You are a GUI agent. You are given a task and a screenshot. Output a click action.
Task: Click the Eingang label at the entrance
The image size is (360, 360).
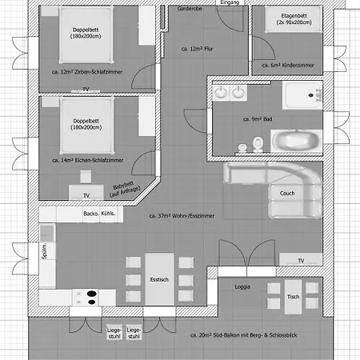(x=230, y=2)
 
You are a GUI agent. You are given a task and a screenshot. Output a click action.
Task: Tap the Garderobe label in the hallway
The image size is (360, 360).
(x=190, y=9)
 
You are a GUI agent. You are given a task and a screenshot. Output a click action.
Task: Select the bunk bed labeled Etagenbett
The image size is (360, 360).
(x=294, y=19)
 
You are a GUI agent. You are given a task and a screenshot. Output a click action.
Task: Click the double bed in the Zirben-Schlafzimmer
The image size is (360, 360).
(x=86, y=35)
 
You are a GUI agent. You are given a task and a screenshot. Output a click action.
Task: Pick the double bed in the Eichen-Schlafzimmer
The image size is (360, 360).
(x=86, y=126)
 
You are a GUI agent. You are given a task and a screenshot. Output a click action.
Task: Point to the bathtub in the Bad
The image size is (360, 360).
(x=297, y=142)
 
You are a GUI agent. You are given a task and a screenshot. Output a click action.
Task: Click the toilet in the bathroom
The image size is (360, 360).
(x=258, y=144)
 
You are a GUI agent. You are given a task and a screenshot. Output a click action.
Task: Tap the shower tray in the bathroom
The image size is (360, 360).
(x=302, y=95)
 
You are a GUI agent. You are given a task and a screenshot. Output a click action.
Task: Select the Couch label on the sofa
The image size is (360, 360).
(x=287, y=193)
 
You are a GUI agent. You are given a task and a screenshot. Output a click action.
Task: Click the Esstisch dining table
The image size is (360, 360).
(x=159, y=279)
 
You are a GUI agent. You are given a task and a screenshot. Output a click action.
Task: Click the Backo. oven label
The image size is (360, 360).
(x=91, y=214)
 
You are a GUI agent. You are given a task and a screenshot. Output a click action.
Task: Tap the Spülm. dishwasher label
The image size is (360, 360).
(x=44, y=250)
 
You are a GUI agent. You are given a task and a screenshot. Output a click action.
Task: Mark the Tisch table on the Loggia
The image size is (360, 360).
(x=293, y=297)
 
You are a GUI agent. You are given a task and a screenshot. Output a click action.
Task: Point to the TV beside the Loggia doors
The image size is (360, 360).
(x=301, y=259)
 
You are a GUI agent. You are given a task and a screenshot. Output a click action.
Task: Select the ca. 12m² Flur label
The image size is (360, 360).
(x=197, y=49)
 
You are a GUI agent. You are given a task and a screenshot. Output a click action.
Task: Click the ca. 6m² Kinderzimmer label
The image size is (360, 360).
(x=288, y=65)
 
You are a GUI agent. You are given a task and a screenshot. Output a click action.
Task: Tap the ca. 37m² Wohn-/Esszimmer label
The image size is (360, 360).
(x=182, y=216)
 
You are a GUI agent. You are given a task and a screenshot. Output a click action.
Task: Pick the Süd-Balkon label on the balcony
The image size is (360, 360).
(x=244, y=335)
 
